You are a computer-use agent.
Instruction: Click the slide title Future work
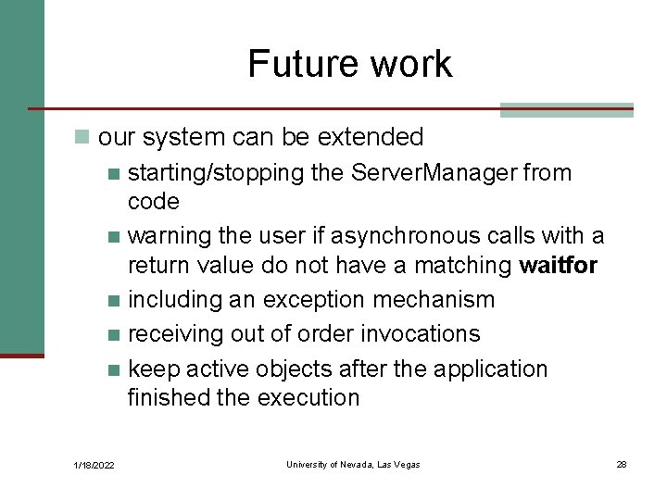coord(349,64)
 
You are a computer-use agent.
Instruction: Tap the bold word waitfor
coord(559,266)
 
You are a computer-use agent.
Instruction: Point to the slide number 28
coord(622,464)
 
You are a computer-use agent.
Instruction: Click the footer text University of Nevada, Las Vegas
coord(353,464)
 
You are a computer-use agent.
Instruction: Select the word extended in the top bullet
coord(371,137)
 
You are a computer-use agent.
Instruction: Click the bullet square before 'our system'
coord(83,138)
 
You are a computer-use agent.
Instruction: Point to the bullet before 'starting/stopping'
coord(114,173)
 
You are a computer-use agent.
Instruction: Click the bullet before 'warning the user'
coord(114,237)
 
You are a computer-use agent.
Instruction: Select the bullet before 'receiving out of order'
coord(114,334)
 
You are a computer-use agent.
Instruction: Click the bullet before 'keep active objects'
coord(114,369)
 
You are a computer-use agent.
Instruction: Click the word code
coord(154,201)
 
